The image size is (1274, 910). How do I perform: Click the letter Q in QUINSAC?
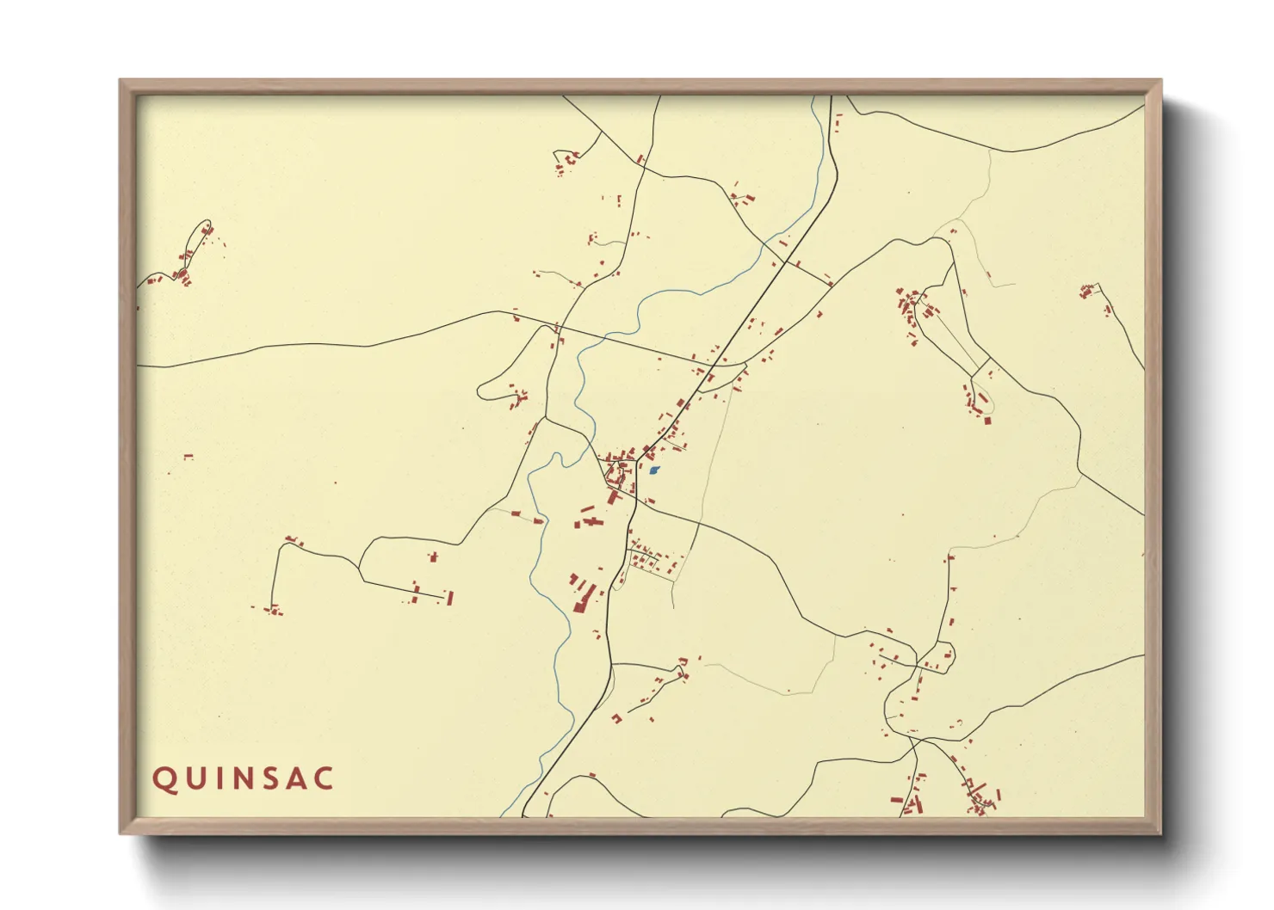point(164,779)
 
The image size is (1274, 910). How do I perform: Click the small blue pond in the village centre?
point(654,470)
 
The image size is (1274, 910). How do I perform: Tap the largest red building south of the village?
point(583,597)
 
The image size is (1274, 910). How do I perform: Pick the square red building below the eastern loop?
point(987,420)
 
